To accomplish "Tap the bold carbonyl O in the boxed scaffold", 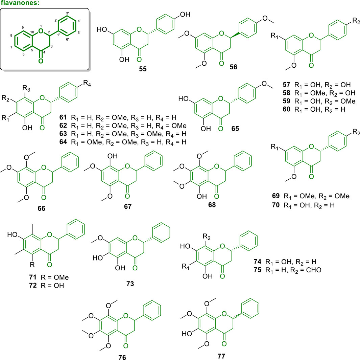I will pos(41,61).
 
